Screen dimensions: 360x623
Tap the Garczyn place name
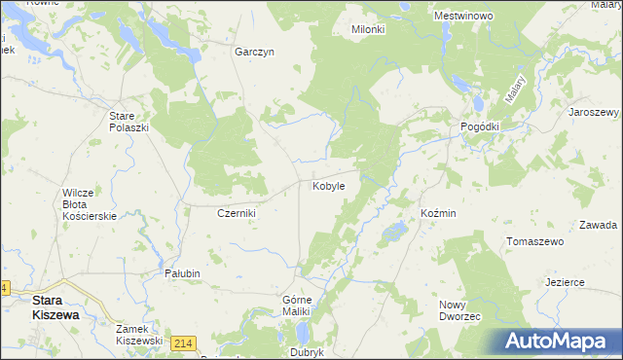coord(255,53)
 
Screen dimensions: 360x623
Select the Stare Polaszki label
coord(128,121)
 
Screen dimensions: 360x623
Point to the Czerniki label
coord(236,213)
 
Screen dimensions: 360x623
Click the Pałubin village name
coord(182,273)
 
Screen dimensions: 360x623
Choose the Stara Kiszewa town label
coord(55,307)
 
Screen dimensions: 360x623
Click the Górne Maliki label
coord(296,305)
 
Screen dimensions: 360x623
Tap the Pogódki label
coord(479,127)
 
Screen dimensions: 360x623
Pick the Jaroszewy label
coord(594,112)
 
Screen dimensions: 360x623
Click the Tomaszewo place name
coord(536,241)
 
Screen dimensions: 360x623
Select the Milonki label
coord(368,30)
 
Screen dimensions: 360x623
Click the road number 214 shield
coord(182,342)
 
